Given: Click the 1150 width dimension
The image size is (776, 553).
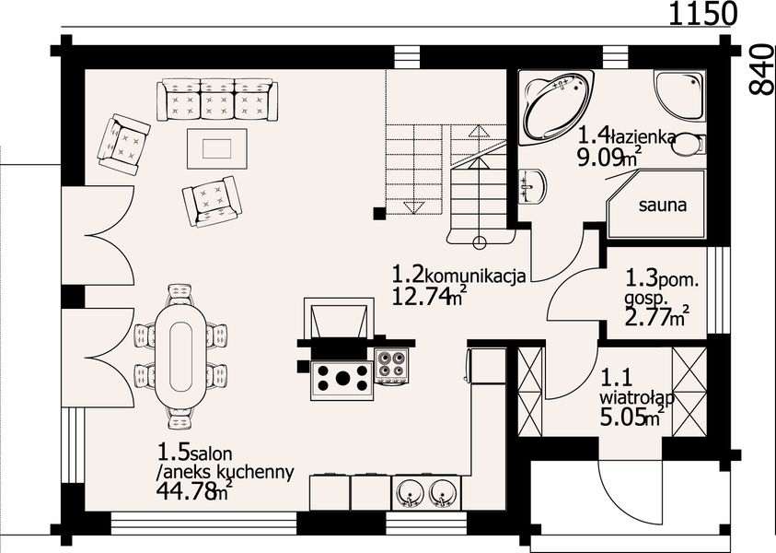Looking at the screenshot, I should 701,14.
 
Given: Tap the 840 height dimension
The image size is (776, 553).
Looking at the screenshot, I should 760,68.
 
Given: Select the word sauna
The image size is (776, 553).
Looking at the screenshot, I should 663,206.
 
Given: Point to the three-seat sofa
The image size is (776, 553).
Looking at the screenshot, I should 218,99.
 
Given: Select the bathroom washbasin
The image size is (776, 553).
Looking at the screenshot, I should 531,187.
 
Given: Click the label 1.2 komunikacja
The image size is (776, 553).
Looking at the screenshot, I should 458,275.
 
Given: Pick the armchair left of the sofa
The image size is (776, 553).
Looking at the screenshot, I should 123,144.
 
